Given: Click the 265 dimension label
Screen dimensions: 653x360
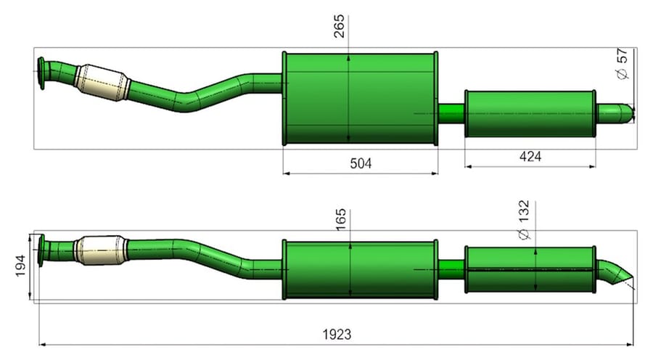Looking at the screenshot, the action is [x=340, y=26].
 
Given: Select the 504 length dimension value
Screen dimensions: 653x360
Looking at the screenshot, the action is [x=361, y=163].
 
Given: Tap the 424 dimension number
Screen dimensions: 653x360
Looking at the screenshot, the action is [x=530, y=157].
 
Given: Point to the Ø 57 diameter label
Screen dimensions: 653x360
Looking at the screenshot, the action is [x=621, y=64].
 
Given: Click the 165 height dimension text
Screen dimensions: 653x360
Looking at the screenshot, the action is [x=341, y=220].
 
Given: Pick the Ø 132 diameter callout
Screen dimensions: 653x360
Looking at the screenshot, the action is [x=524, y=221].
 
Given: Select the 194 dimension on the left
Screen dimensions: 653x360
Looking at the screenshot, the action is [x=21, y=266].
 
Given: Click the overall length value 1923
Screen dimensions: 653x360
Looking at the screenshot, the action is [x=337, y=334].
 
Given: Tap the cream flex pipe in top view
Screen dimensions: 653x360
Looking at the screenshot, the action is [x=102, y=83].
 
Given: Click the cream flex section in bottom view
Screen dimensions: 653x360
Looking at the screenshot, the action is [x=101, y=250].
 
